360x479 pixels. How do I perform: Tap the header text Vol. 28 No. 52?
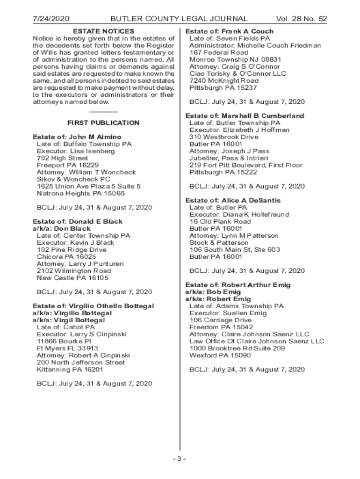(302, 19)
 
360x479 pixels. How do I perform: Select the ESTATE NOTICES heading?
(103, 31)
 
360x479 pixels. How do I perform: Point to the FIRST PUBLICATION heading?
(103, 123)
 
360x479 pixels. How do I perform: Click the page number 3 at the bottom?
(180, 458)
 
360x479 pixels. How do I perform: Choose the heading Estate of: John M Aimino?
(77, 137)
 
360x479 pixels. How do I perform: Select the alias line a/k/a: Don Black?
(62, 229)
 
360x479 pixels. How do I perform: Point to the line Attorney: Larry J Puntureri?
(80, 264)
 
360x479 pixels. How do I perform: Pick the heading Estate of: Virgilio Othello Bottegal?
(93, 306)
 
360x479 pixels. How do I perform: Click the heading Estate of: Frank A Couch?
(230, 31)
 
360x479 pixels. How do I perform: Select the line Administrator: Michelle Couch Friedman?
(255, 45)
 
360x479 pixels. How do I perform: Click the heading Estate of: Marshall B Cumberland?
(245, 116)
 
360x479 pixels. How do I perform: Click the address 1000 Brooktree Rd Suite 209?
(237, 348)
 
